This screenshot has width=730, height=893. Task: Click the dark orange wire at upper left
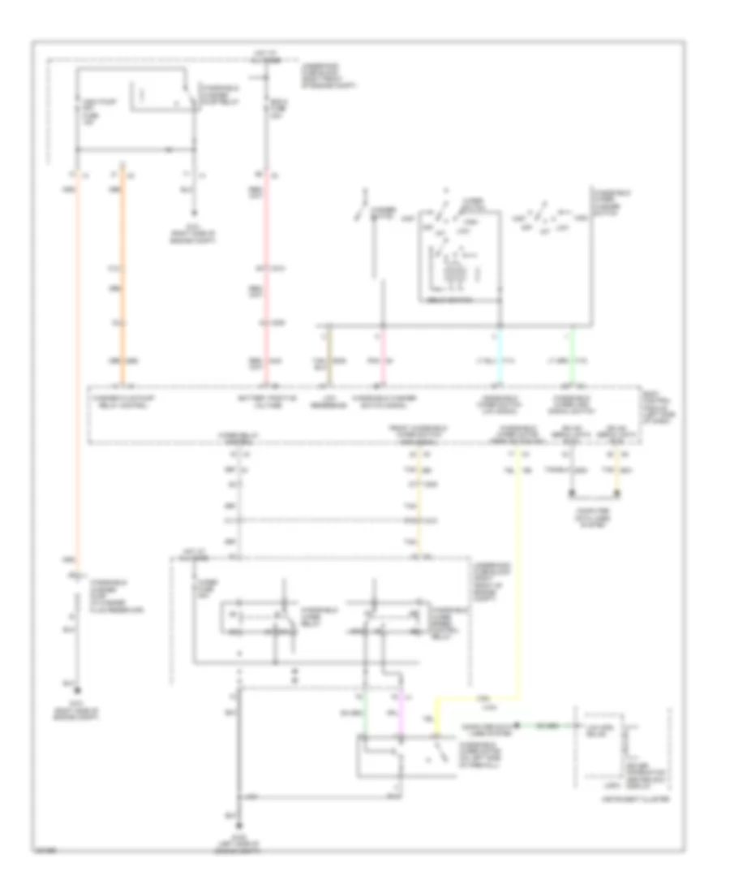tap(122, 268)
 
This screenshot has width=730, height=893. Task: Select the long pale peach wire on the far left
tap(78, 365)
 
